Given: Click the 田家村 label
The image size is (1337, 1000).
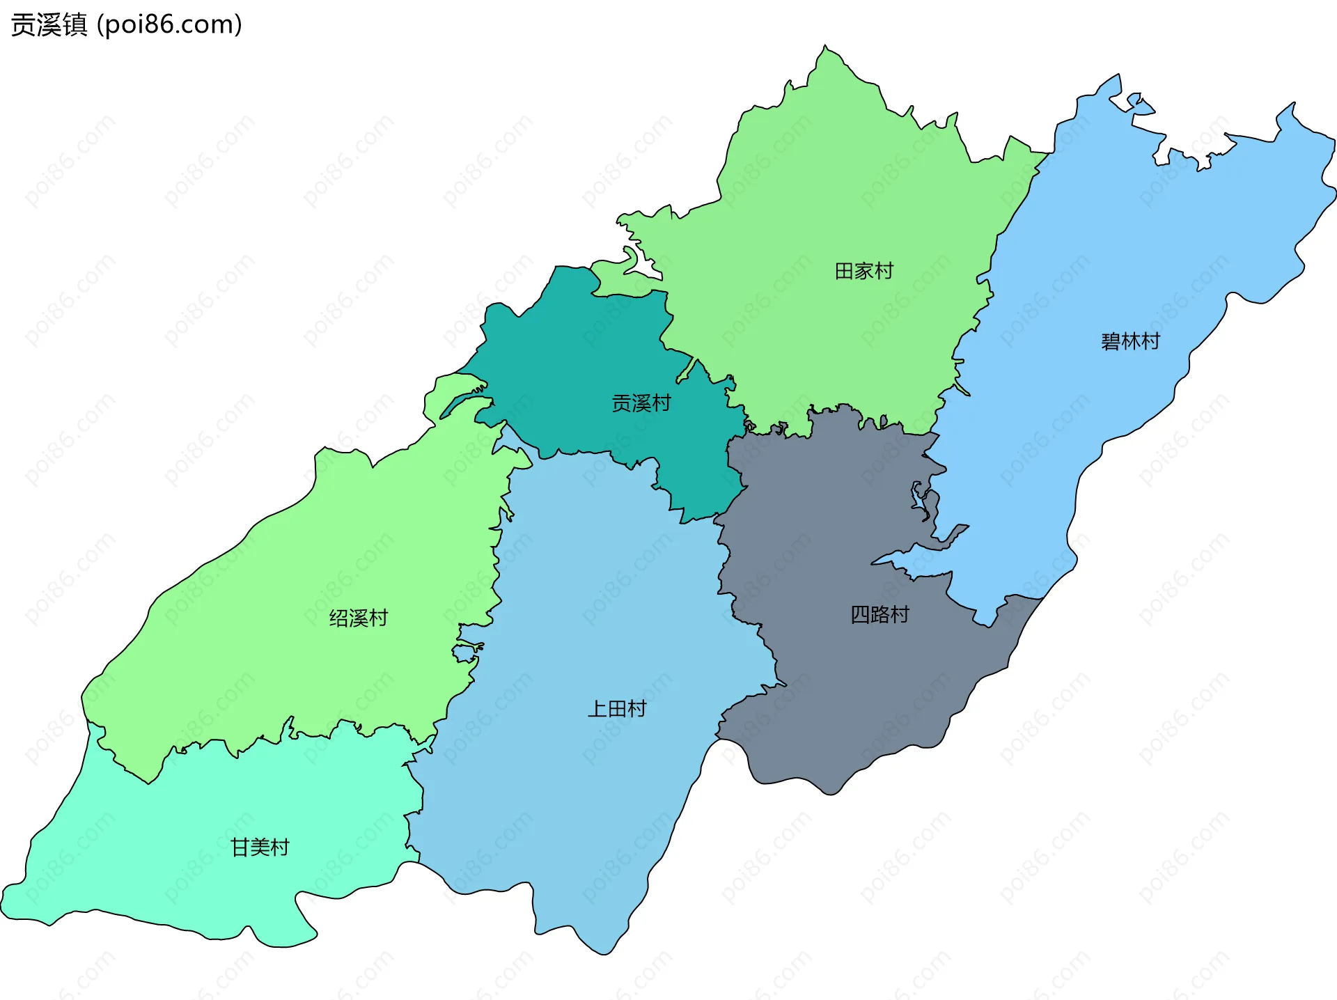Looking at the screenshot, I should (x=863, y=271).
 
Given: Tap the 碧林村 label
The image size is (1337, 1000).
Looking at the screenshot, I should (x=1130, y=341).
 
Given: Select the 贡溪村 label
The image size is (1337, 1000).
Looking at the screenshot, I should (x=641, y=403).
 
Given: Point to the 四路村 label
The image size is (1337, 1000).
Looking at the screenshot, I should (x=879, y=614).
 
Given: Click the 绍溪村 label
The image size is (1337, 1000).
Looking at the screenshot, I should (x=358, y=618).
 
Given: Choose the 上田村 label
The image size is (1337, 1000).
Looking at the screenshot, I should (x=617, y=709).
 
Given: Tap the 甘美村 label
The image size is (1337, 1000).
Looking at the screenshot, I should (x=260, y=847).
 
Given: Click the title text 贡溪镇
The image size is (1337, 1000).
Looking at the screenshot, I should (x=49, y=24).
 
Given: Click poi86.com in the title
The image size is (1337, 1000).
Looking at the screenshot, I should (x=169, y=24).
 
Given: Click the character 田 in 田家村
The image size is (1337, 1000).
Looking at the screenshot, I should (x=844, y=271).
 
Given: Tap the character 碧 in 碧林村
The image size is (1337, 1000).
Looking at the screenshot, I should (x=1111, y=341).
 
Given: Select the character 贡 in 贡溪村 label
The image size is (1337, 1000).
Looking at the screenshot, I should (x=621, y=403).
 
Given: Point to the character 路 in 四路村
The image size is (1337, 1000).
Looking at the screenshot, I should (x=880, y=614).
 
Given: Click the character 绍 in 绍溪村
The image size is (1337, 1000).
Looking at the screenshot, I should (x=338, y=618).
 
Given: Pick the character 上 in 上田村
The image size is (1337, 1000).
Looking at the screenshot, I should (x=597, y=709).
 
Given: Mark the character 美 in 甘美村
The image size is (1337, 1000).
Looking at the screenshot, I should (x=260, y=847).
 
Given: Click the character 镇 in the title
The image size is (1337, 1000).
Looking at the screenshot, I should (x=75, y=24).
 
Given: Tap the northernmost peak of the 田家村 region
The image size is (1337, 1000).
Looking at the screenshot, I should (x=826, y=47).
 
